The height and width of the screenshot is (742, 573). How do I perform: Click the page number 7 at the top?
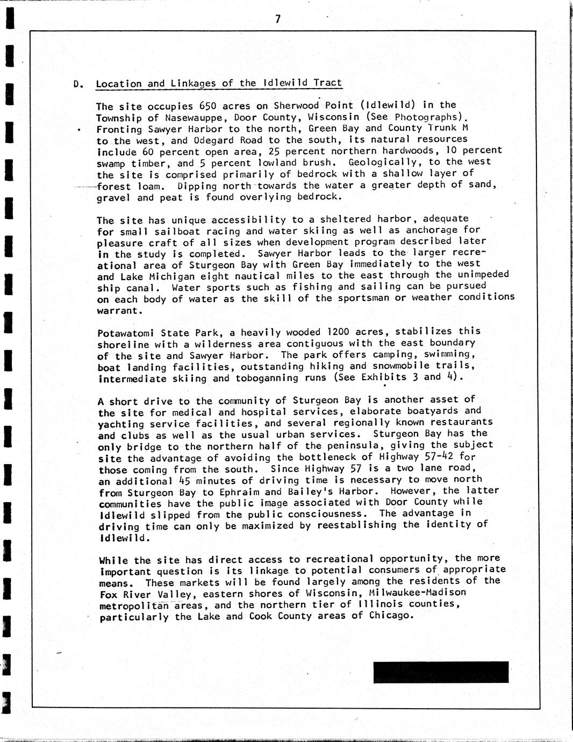click(278, 19)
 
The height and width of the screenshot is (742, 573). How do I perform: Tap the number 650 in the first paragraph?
click(208, 105)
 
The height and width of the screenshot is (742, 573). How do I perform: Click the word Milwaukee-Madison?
click(417, 593)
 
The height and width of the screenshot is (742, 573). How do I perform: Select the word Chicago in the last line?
click(390, 615)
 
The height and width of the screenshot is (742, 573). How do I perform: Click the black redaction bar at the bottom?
click(441, 672)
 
